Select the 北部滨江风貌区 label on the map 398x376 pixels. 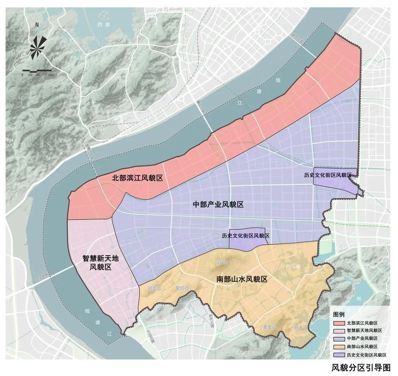point(137,178)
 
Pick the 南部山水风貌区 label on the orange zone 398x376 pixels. point(242,279)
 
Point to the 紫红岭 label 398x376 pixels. point(181,287)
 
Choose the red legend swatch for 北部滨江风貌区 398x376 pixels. point(338,323)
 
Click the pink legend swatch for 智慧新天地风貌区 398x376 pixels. point(338,331)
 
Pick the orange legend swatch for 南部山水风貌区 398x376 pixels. point(338,346)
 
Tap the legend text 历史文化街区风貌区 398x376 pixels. point(366,354)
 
